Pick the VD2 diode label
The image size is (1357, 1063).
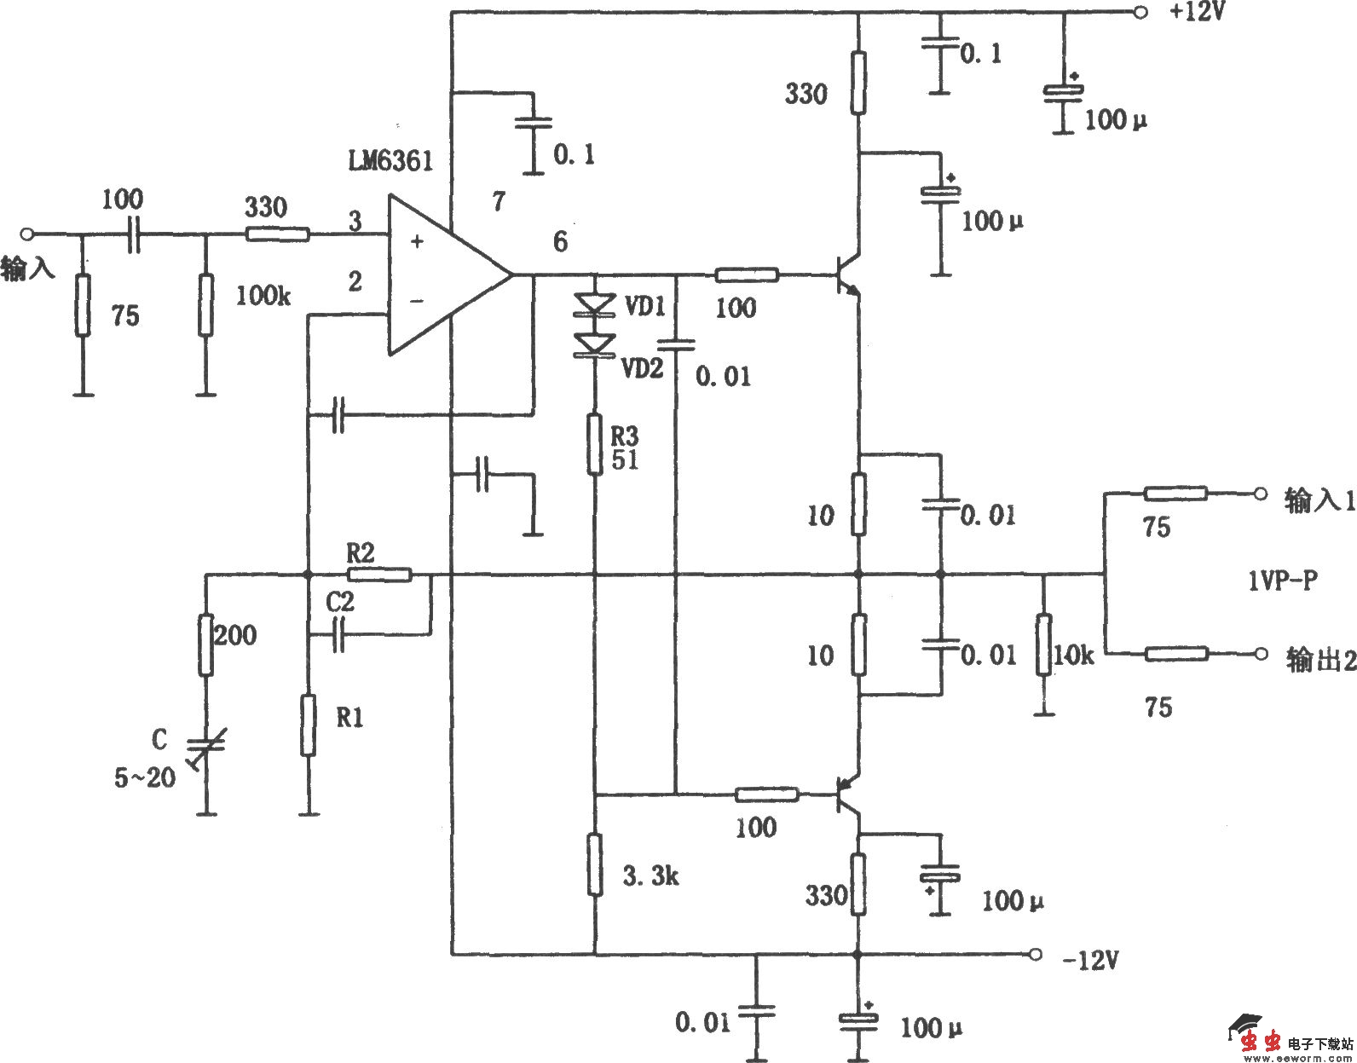641,368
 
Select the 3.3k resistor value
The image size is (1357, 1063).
650,875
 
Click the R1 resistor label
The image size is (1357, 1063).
349,719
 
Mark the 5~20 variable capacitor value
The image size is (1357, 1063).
145,777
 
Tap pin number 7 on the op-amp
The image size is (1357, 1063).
499,202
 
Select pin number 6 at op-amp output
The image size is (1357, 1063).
560,242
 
